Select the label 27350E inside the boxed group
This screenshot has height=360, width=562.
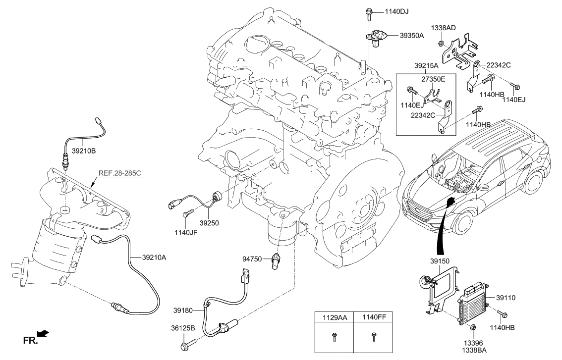point(434,78)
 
